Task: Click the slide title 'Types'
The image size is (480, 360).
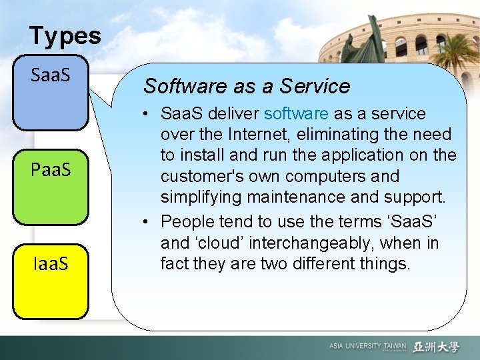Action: (65, 35)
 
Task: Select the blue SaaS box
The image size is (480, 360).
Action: (51, 94)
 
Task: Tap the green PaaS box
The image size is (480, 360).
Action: (51, 187)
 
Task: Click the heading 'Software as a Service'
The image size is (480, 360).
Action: (247, 86)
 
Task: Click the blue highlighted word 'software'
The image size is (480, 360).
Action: (296, 113)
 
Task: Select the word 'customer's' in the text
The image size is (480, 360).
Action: (209, 177)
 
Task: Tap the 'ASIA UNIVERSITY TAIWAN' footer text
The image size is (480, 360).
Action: (367, 347)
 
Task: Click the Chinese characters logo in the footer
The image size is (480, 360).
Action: (436, 347)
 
